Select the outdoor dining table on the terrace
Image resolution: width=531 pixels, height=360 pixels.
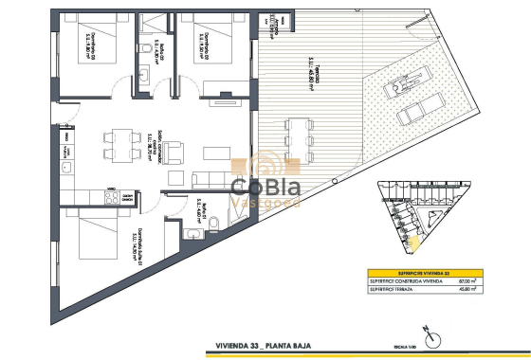tap(297, 133)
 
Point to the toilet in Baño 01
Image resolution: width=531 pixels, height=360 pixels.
tap(212, 224)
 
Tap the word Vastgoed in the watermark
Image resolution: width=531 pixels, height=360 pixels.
tap(266, 203)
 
